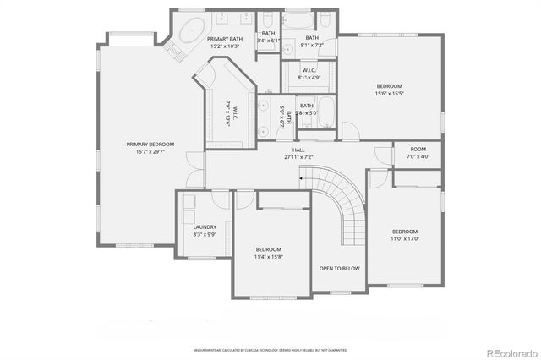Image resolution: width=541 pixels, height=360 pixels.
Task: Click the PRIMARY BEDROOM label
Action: (144, 145)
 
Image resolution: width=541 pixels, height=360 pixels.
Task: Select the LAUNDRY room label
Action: (205, 226)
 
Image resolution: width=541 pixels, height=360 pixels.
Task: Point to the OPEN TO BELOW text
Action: (339, 268)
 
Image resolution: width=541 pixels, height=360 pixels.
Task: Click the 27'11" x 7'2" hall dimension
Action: (298, 157)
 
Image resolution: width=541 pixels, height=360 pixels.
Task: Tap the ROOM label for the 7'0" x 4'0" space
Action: (418, 150)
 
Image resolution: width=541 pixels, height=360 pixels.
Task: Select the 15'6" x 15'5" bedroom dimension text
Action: (389, 93)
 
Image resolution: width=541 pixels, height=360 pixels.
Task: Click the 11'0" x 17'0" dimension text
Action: (404, 238)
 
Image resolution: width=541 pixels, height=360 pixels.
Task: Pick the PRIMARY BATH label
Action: (224, 39)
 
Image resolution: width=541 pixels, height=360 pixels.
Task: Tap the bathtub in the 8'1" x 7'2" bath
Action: (298, 21)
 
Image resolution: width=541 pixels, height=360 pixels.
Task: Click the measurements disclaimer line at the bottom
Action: (270, 348)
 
